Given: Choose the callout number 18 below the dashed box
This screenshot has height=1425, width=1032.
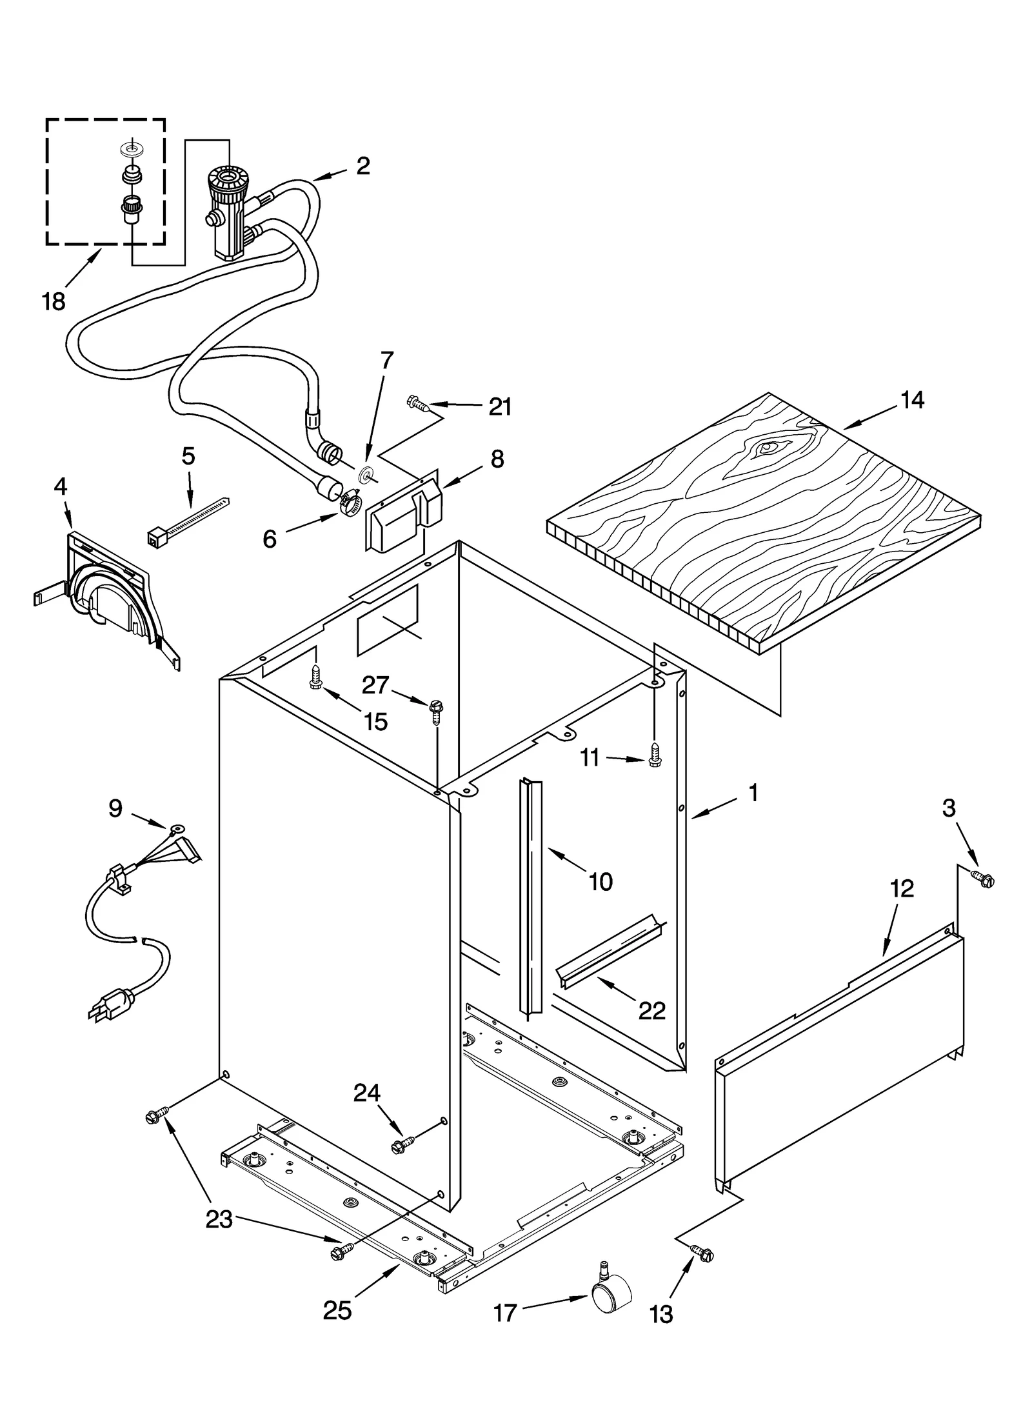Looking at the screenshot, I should pyautogui.click(x=54, y=301).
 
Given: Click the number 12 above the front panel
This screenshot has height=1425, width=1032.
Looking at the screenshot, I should pyautogui.click(x=902, y=888).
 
